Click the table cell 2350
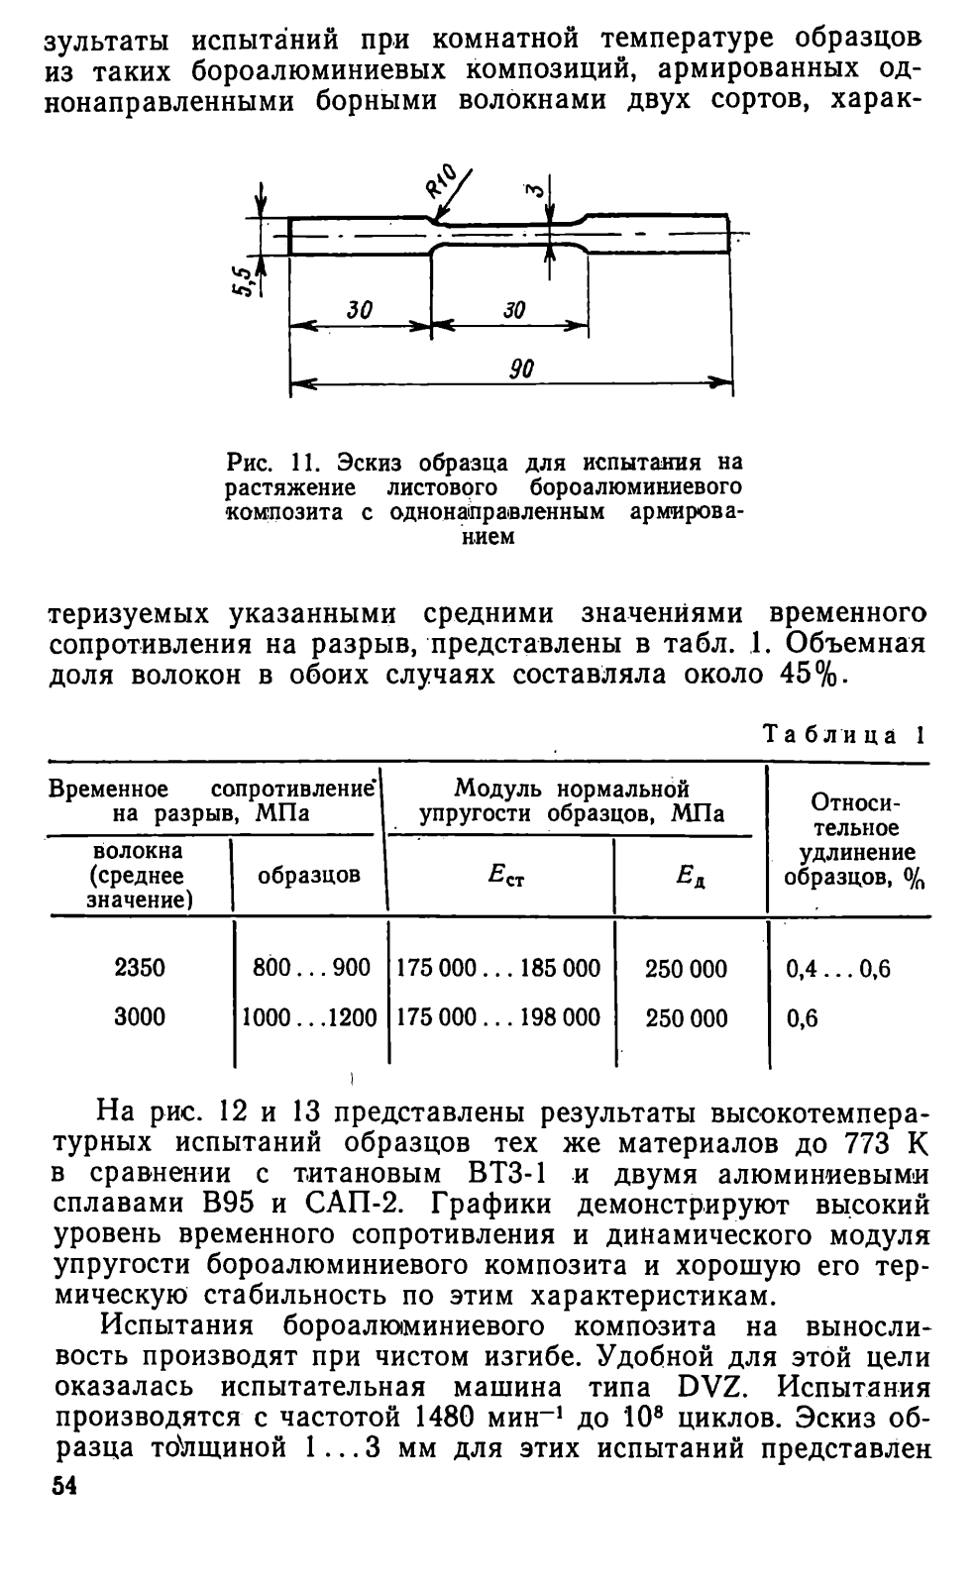point(140,968)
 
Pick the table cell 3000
point(140,1017)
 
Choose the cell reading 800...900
point(311,968)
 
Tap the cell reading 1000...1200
point(310,1017)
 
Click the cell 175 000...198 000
point(498,1017)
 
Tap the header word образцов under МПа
point(308,876)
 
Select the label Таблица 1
point(843,736)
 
